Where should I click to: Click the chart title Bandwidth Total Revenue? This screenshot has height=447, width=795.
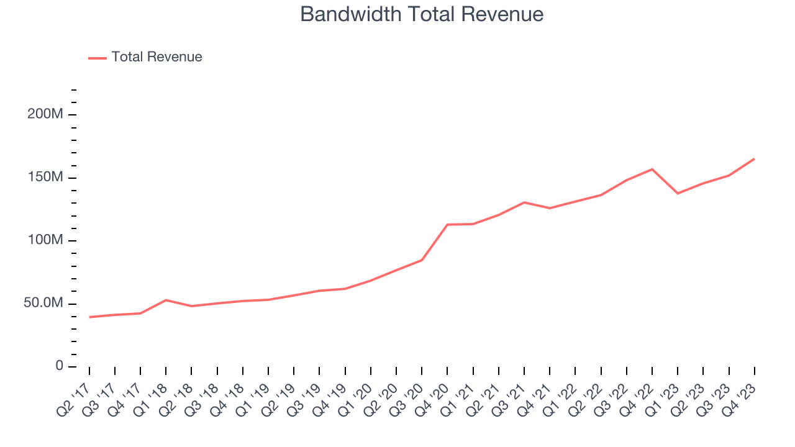point(422,14)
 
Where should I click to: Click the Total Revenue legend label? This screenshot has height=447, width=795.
point(157,57)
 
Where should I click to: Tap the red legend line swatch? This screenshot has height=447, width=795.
point(98,58)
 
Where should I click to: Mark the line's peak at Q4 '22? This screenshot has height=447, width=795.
point(652,169)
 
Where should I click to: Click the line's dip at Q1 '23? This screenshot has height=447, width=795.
point(678,193)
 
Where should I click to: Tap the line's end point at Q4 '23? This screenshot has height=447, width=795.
point(755,159)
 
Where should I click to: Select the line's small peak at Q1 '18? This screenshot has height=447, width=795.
point(166,300)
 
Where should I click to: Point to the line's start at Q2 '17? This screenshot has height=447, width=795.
point(89,317)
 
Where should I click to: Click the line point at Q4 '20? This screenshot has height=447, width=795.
point(448,224)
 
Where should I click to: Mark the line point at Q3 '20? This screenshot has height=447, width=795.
point(422,260)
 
